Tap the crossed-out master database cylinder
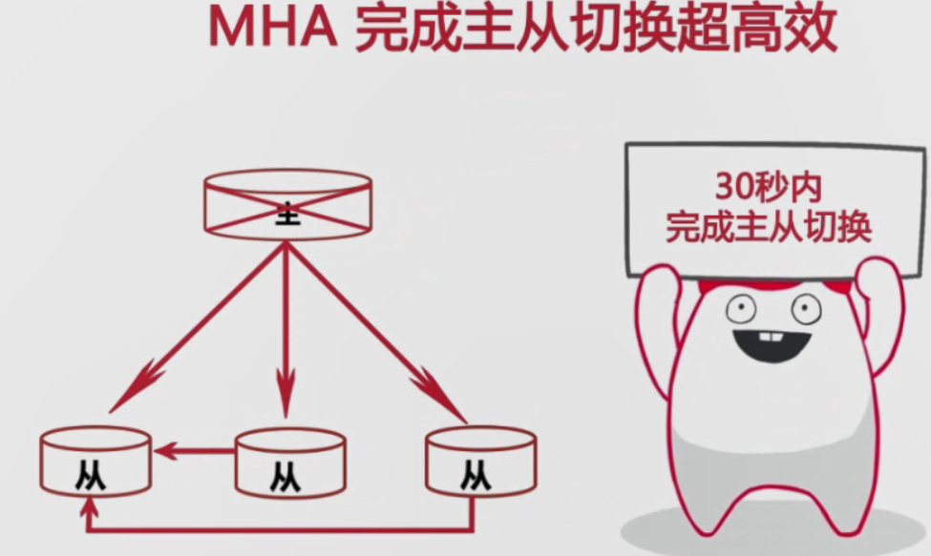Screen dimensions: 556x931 [x=287, y=204]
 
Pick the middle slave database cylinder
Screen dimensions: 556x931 [x=290, y=463]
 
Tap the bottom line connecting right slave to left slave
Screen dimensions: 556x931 [x=286, y=528]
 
